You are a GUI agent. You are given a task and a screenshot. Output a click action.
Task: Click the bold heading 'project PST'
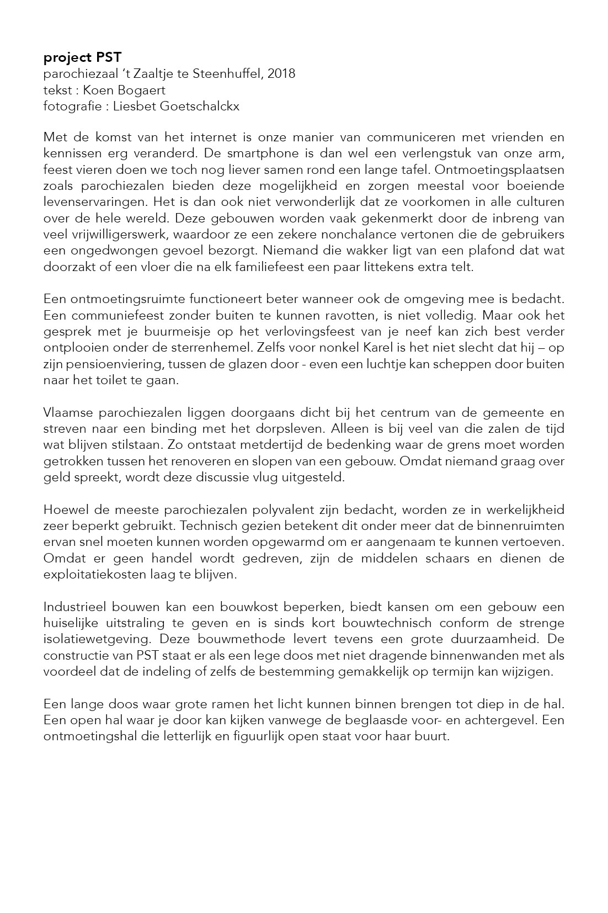(82, 57)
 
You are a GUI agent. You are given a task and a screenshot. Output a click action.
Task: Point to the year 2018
(281, 73)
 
